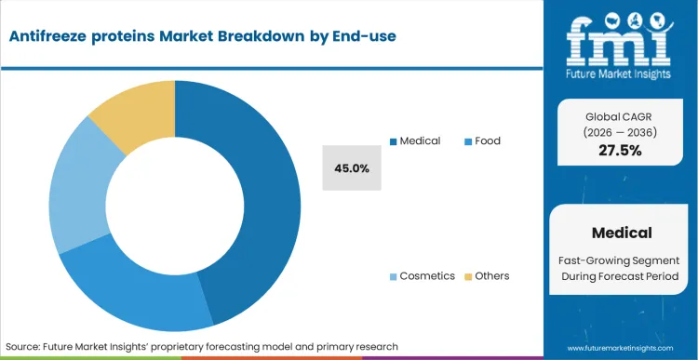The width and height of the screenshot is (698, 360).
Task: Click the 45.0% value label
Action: [x=352, y=168]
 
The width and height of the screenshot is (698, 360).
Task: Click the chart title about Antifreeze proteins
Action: [x=201, y=36]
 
